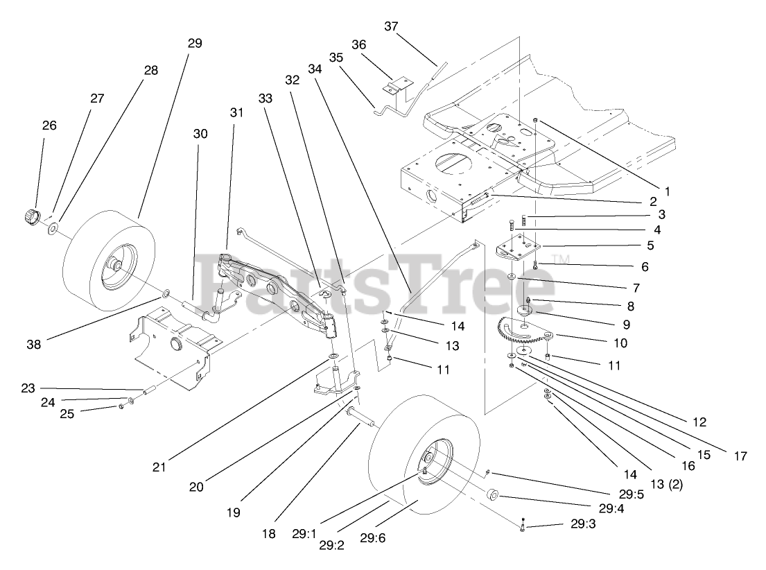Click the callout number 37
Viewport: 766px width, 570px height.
point(392,26)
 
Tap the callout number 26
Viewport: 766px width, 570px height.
point(49,126)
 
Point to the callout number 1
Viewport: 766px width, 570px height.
point(668,171)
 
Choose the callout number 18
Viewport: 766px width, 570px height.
point(269,533)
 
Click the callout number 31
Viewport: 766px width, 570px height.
point(238,112)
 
